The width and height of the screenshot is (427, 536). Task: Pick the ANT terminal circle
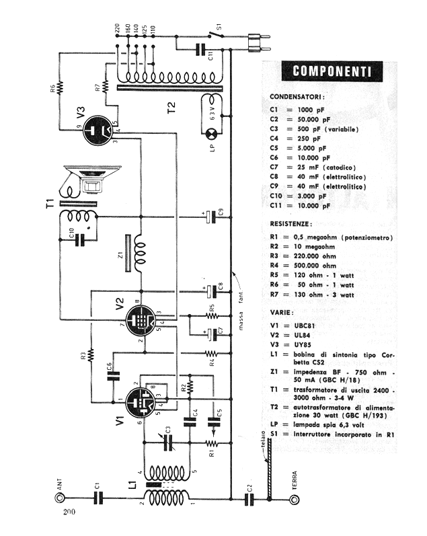tap(59, 498)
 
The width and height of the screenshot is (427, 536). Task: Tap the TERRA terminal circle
tap(293, 499)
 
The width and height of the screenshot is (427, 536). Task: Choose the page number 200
tap(69, 514)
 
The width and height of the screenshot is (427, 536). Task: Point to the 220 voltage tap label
tap(118, 30)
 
